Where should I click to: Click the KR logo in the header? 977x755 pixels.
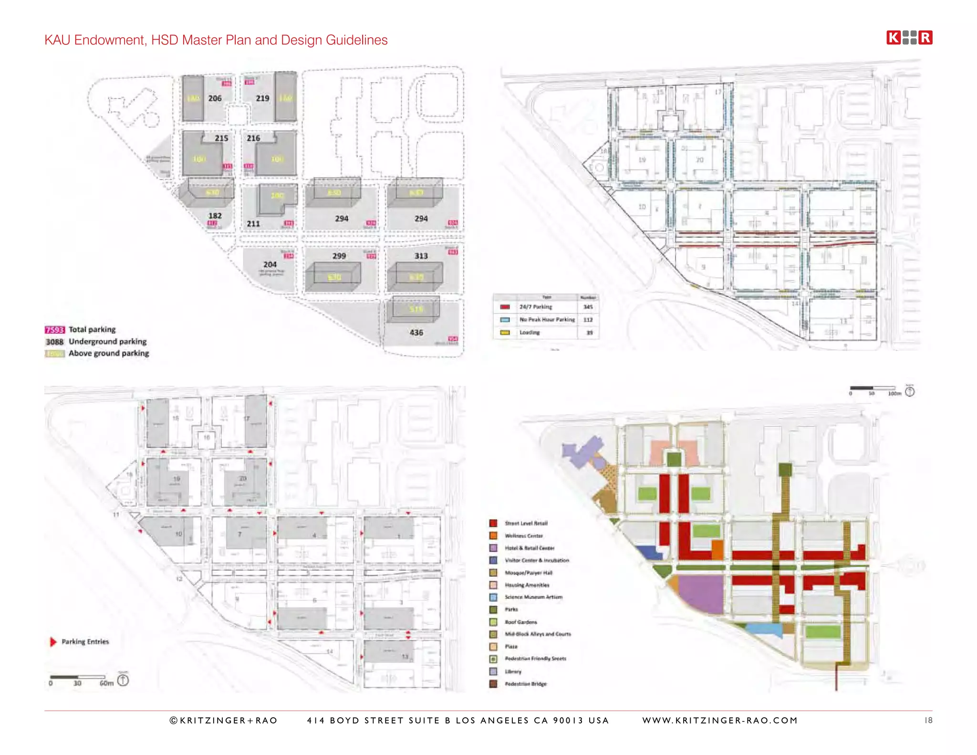(x=909, y=38)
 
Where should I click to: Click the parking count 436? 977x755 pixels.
(x=416, y=332)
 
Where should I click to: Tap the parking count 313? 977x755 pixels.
(x=421, y=256)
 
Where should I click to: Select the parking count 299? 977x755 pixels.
(x=339, y=256)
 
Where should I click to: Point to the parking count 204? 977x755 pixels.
(x=270, y=264)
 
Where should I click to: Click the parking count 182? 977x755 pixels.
(x=215, y=216)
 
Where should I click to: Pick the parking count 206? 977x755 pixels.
(x=215, y=98)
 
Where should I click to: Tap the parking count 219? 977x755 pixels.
(x=262, y=98)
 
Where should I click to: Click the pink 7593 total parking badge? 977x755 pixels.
(x=54, y=330)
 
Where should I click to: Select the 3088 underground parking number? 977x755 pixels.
(x=54, y=342)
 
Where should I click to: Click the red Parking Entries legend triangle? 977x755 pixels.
(x=53, y=642)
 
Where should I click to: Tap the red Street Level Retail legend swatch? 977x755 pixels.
(x=493, y=523)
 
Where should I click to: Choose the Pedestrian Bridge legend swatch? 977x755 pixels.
(x=493, y=684)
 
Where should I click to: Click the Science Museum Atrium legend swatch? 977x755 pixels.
(x=493, y=597)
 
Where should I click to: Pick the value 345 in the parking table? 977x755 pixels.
(x=588, y=307)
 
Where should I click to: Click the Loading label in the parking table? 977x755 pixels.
(x=530, y=332)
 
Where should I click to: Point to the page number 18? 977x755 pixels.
(x=928, y=720)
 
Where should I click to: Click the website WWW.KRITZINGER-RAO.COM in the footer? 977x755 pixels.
(x=719, y=720)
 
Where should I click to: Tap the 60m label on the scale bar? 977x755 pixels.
(x=106, y=683)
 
